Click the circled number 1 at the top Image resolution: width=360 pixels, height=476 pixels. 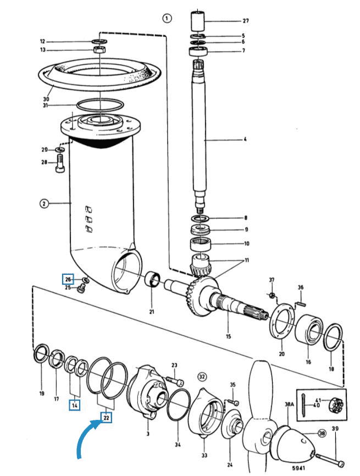point(167,18)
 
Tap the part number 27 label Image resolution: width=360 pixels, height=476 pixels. point(246,21)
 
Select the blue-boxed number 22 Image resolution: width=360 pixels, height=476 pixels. point(106,418)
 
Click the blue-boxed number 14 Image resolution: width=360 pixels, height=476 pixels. point(75,405)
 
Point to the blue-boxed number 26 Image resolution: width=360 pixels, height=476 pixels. point(68,279)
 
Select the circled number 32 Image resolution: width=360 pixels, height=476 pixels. point(202,377)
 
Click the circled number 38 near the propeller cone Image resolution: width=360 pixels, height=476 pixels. point(322,433)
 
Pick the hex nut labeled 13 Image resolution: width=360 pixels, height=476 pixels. point(99,49)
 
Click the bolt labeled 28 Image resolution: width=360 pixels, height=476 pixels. point(60,164)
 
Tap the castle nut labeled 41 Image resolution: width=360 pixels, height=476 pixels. point(336,405)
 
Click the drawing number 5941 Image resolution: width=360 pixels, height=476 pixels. point(298,468)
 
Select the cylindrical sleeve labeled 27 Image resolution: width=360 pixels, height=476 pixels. point(197,21)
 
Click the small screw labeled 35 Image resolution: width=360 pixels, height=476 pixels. point(234,402)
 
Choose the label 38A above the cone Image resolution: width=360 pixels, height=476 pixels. point(290,404)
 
